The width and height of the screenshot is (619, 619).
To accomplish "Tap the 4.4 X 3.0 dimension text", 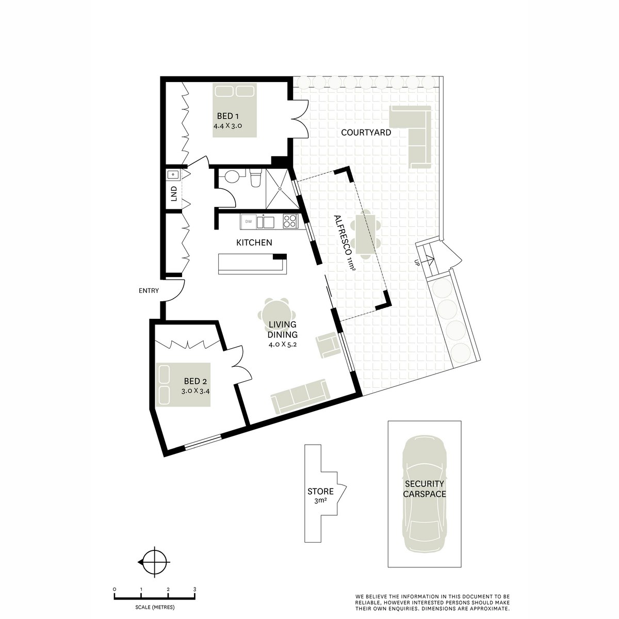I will pos(227,125).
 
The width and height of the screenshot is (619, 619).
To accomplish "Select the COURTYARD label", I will pos(366,133).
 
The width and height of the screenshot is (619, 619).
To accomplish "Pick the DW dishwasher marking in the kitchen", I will pos(249,222).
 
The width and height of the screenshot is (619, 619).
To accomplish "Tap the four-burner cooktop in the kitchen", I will pos(290,222).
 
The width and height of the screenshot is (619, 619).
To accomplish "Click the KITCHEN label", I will pos(254,242).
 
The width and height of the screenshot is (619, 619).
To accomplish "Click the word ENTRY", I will pos(149,291).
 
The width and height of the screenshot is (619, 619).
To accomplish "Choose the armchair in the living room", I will pos(328,345).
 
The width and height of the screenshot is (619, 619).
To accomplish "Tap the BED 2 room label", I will pos(196,382).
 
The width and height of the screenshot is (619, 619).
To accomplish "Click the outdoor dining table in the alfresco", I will pos(367,235).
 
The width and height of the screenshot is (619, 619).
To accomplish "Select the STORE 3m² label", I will pos(320,495).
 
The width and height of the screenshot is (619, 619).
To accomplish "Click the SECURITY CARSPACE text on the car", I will pos(425,488).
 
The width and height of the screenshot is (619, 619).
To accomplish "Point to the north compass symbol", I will pos(154,562).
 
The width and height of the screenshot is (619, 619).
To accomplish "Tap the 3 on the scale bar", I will pos(194,589).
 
